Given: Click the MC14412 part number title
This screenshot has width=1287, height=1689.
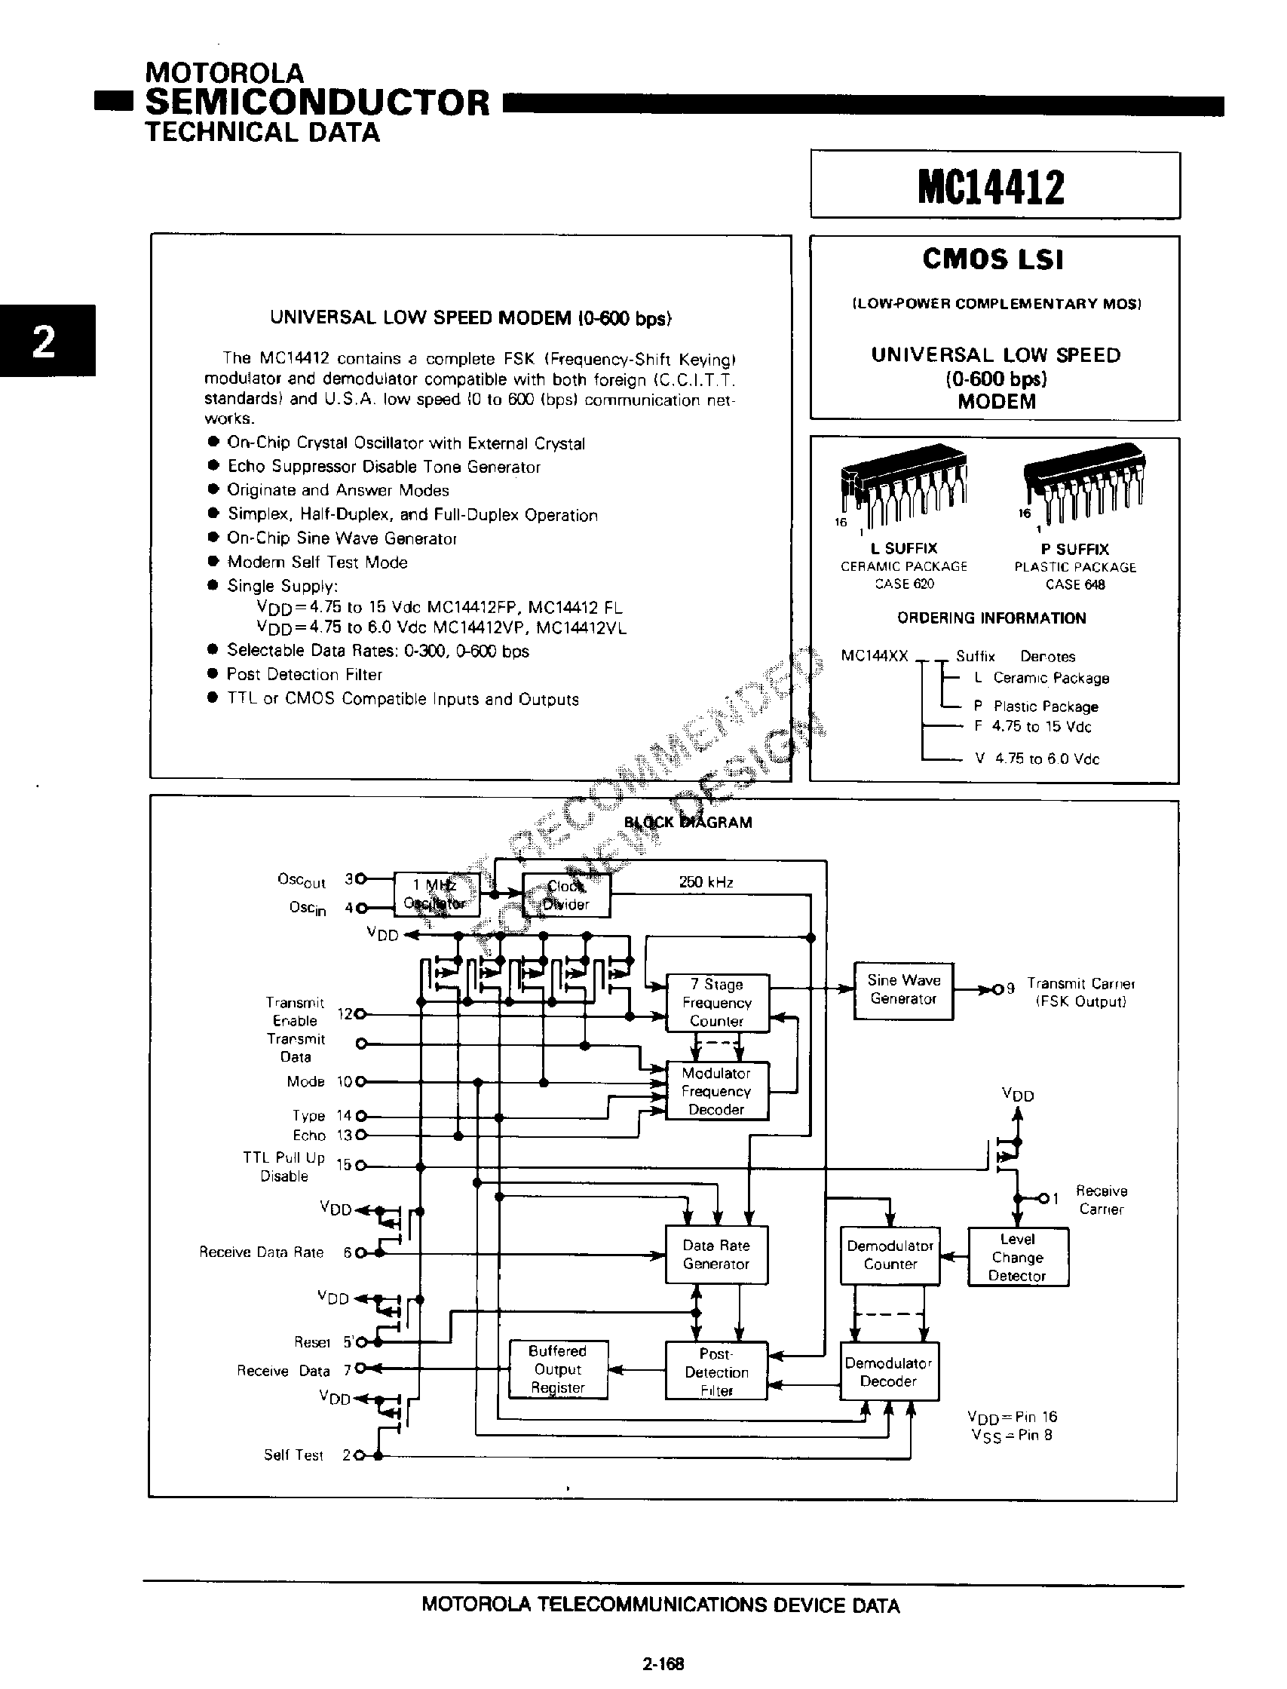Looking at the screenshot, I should [991, 187].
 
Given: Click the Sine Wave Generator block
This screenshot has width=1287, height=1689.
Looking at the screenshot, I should [903, 990].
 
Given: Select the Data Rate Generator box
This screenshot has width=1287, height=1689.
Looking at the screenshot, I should [716, 1255].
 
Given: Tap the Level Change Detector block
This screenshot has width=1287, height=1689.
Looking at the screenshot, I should [1017, 1257].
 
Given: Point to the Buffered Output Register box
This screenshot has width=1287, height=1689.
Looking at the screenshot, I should [559, 1369].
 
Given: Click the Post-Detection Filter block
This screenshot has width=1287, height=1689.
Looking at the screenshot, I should [716, 1372].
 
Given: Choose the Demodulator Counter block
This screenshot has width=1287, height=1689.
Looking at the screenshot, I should [890, 1255].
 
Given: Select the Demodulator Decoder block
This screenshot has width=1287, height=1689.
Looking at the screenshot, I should [889, 1372].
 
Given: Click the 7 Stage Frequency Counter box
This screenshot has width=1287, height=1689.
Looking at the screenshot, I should [716, 1003].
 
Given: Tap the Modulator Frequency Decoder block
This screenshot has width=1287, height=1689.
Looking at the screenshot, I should [716, 1092].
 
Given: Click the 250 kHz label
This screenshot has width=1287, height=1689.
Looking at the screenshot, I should [706, 882].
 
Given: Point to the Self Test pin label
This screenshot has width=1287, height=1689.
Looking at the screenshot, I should [293, 1455].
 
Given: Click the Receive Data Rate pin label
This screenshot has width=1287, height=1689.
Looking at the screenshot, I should [261, 1252].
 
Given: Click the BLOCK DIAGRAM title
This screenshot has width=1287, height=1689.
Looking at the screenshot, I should [687, 823].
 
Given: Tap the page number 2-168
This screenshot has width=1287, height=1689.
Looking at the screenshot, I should [663, 1663].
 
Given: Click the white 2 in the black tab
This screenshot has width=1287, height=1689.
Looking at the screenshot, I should [45, 341].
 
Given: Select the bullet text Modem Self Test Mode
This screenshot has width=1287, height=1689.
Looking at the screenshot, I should [317, 562].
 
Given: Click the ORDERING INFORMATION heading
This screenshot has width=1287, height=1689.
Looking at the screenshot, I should [991, 618].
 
